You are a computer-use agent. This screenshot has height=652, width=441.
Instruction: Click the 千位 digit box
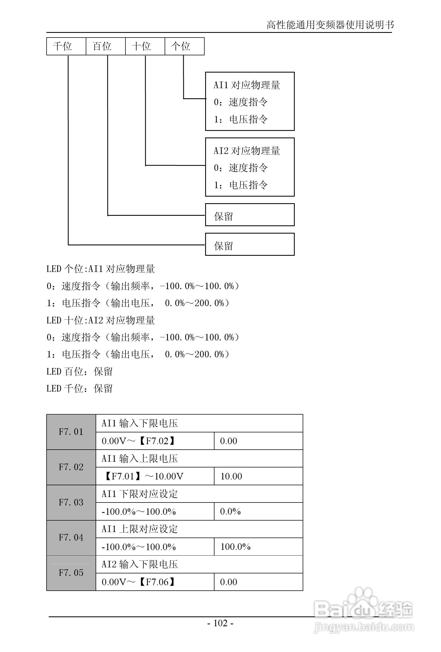coord(66,46)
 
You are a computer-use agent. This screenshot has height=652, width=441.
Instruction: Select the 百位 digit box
coord(105,46)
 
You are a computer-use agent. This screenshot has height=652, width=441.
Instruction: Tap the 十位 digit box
coord(145,46)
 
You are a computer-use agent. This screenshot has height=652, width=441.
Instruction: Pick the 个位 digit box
coord(184,46)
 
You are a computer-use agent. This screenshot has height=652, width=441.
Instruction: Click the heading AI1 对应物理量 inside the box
coord(247,85)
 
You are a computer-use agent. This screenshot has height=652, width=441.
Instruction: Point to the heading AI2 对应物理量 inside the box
coord(247,151)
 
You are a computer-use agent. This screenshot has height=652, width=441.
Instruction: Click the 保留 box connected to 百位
coord(250,215)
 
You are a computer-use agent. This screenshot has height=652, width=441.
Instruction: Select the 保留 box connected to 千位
coord(250,244)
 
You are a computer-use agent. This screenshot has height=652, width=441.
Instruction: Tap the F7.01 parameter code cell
coord(71,432)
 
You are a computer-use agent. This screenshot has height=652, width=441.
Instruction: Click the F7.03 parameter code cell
coord(71,502)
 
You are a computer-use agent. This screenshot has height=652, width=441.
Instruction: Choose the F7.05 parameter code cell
coord(71,573)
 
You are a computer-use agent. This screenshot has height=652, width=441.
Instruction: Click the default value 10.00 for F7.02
coord(231,476)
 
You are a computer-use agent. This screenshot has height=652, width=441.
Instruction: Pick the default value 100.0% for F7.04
coord(236,547)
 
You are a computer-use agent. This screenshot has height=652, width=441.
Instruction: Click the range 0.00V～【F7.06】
coord(139,582)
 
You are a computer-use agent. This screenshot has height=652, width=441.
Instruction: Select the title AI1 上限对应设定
coord(140,529)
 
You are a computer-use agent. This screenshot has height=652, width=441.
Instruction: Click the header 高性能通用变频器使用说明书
coord(330,25)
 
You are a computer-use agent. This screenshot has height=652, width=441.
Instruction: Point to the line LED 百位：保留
coord(79,372)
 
